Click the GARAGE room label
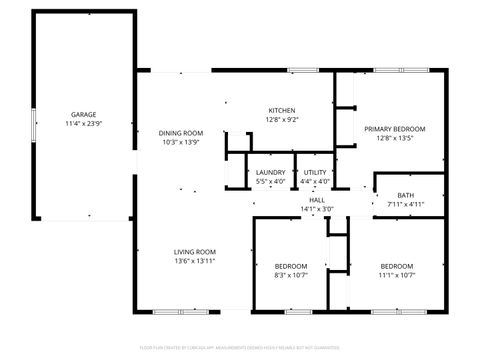click(83, 114)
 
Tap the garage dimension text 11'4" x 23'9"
click(83, 123)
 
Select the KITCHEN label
click(282, 110)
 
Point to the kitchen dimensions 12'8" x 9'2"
click(282, 119)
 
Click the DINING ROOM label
click(182, 133)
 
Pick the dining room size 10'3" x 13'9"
click(182, 142)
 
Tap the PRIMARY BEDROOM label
click(394, 129)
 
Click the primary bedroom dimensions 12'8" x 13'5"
click(394, 138)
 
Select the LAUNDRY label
click(271, 173)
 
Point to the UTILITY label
click(316, 173)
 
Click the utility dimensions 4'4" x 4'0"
click(316, 182)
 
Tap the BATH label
click(405, 195)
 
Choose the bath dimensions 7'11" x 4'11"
click(405, 204)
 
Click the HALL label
click(317, 200)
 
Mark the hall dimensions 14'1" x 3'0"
click(317, 209)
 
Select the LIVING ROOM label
click(195, 251)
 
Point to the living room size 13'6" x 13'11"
click(195, 260)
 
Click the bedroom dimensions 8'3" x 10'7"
click(290, 275)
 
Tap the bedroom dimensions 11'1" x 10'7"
click(396, 275)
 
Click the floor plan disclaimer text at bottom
click(240, 347)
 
